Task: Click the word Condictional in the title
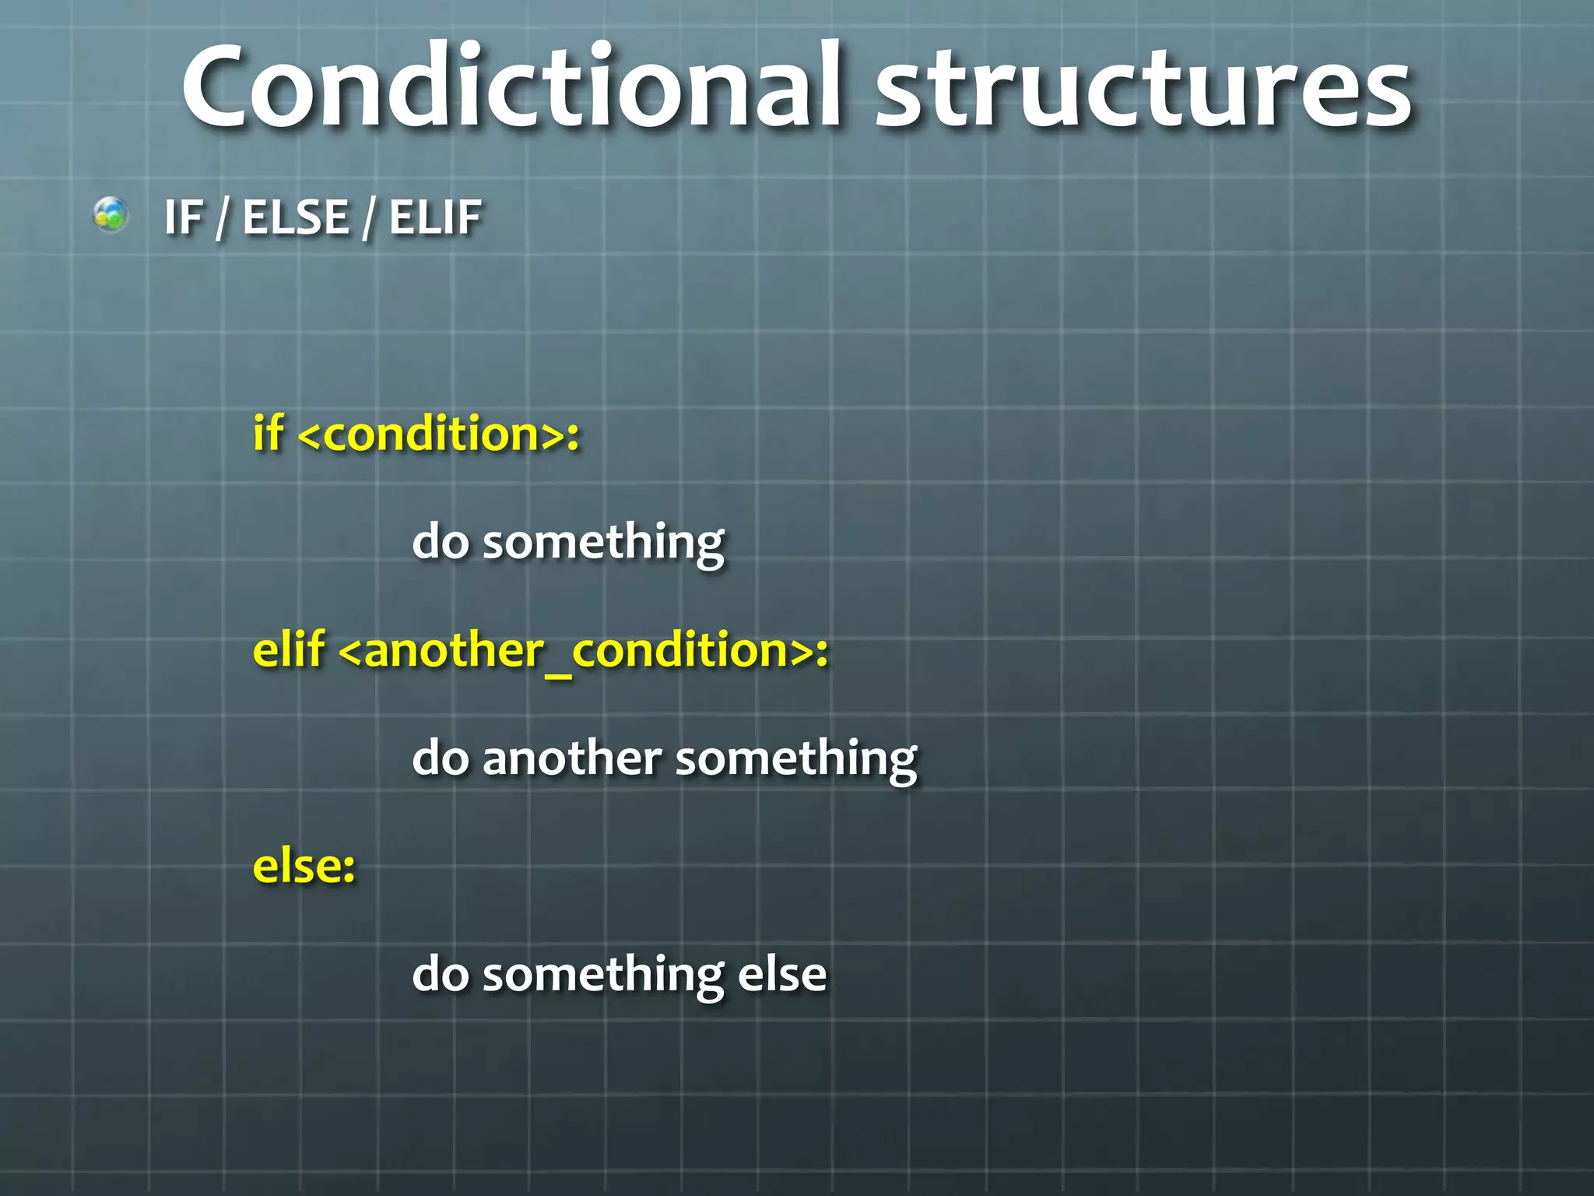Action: tap(511, 86)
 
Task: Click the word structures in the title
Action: tap(1144, 90)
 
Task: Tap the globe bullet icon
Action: tap(111, 215)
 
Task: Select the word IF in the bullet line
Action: tap(184, 217)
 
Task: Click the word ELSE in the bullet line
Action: tap(296, 217)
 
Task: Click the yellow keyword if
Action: tap(268, 433)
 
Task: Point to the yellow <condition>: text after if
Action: tap(439, 434)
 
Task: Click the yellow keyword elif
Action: tap(289, 649)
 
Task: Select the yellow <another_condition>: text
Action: tap(584, 651)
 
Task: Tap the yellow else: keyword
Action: tap(304, 866)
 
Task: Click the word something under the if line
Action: tap(603, 543)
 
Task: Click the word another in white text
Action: tap(572, 758)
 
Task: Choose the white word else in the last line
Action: tap(781, 975)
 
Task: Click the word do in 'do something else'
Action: tap(441, 975)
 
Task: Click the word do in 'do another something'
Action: tap(441, 758)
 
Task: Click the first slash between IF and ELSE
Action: tap(223, 218)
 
